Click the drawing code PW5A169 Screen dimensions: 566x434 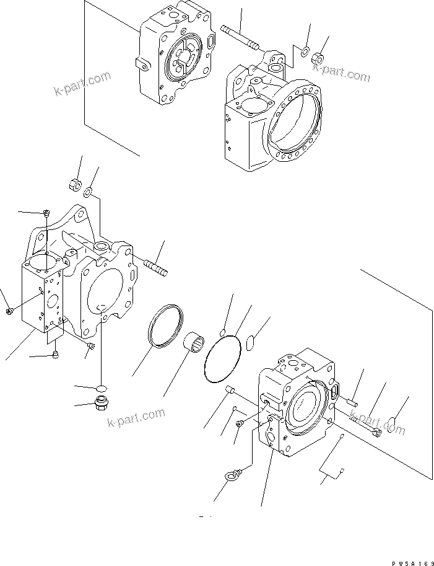click(x=410, y=562)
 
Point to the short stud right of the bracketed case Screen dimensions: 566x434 click(x=155, y=268)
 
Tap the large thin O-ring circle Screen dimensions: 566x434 click(x=222, y=359)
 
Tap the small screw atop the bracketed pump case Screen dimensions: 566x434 click(x=48, y=213)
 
